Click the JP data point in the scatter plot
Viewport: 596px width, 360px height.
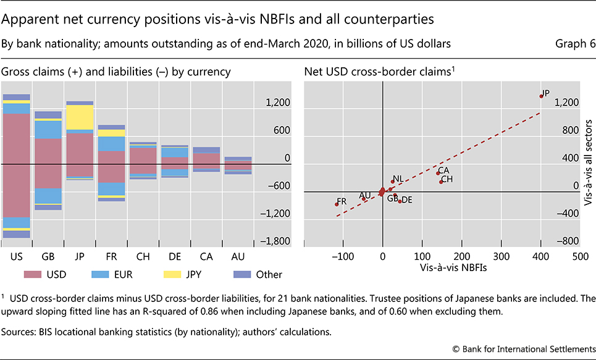click(x=541, y=96)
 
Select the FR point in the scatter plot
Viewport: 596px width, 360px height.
click(x=337, y=204)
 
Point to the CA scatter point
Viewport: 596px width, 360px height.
click(x=438, y=173)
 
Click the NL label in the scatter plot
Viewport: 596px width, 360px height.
click(x=398, y=178)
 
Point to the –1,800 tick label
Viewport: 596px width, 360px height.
click(x=272, y=241)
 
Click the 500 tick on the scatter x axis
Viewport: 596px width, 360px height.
click(x=579, y=256)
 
